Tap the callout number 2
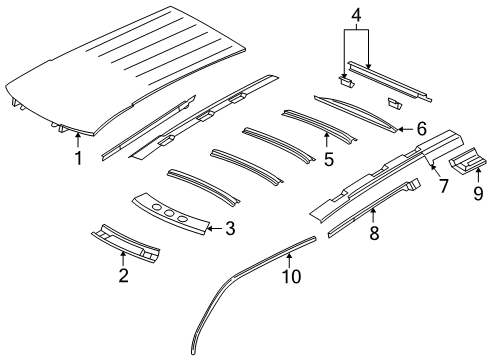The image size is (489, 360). pos(123,276)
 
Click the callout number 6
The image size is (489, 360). pos(421,129)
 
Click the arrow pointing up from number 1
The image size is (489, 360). pos(78,143)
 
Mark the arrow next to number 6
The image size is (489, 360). pos(404,129)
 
